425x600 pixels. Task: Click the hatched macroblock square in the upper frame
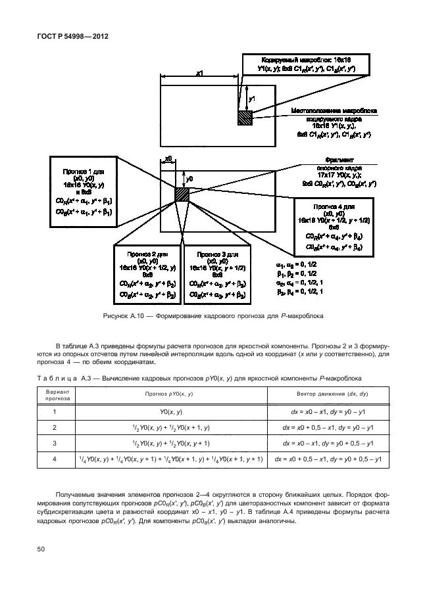[x=245, y=118]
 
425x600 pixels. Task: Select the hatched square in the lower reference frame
[x=182, y=195]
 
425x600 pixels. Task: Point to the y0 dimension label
[x=189, y=178]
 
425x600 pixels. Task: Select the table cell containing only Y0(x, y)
[x=170, y=411]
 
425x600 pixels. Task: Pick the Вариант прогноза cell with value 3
[x=55, y=443]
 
